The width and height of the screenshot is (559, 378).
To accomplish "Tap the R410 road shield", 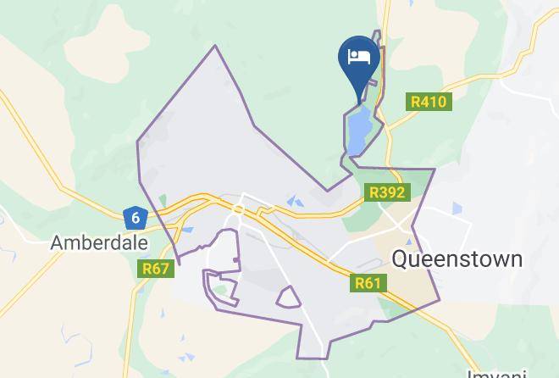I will coord(428,102).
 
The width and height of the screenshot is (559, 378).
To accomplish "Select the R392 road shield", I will coord(388,193).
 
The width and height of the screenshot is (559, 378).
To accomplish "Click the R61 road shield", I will coord(368,283).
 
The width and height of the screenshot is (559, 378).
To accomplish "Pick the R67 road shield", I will coord(156,270).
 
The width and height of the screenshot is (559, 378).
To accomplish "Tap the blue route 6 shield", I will coord(134,218).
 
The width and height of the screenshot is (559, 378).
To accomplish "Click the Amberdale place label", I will coord(99,242).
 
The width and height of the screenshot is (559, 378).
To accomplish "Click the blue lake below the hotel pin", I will coord(357,131).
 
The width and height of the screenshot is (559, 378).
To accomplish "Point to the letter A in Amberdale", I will coord(58,242).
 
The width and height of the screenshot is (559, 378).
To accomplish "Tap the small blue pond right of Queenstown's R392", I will coord(457,208).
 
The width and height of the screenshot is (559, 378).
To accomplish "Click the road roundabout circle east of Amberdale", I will coord(239,208).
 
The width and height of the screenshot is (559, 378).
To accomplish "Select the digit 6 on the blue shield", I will coord(134,218).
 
